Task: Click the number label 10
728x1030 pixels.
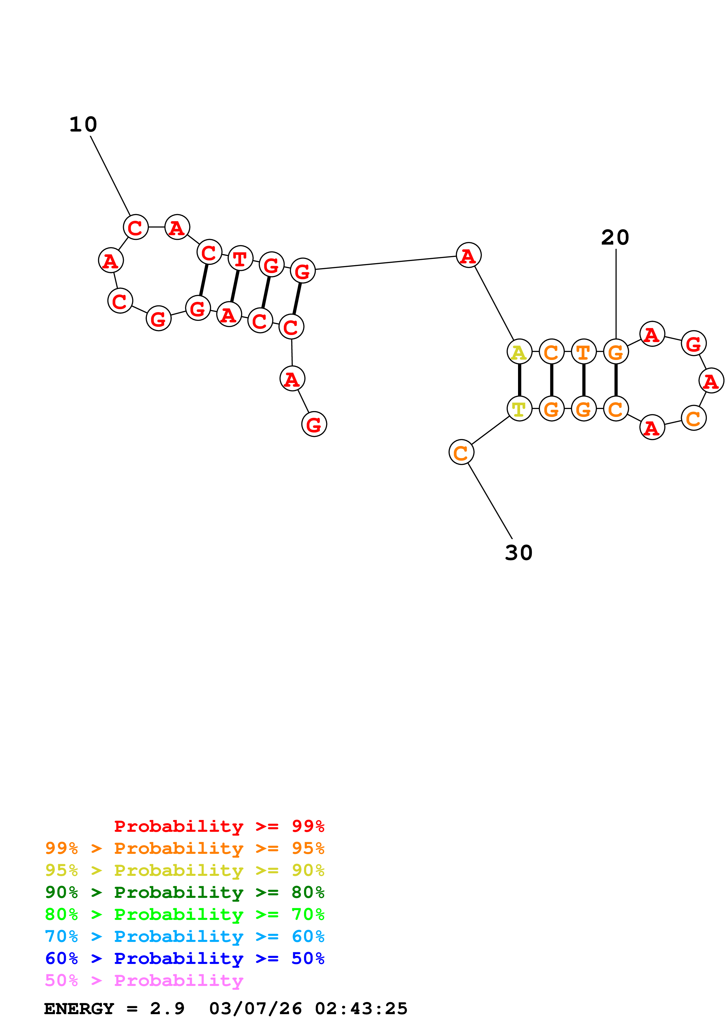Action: (83, 125)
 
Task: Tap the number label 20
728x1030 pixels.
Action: (615, 238)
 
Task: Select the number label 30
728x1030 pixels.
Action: (519, 553)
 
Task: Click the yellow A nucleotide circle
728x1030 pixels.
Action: (519, 352)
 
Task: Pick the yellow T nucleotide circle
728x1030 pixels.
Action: (519, 409)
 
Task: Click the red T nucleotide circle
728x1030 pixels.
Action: (241, 258)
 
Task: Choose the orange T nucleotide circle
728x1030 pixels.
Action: (583, 352)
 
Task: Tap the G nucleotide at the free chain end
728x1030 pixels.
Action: (314, 424)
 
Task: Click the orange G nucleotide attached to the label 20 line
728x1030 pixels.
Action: (616, 352)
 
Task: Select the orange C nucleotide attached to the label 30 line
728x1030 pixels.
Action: (461, 452)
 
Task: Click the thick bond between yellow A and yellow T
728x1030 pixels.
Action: (519, 380)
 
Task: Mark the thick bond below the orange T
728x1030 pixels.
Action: (584, 380)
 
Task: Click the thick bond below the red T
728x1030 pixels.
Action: (235, 286)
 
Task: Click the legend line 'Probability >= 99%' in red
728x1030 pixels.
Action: (219, 826)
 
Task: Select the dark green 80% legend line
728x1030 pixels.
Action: (184, 892)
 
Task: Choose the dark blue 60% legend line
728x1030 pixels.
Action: (184, 958)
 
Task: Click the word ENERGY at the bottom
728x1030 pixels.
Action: (79, 1009)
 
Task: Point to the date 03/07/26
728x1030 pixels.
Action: (255, 1009)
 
